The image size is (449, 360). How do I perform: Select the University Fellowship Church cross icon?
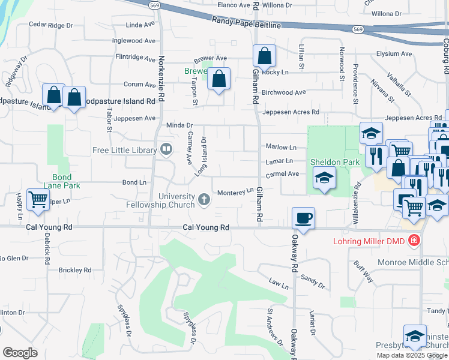(x=204, y=199)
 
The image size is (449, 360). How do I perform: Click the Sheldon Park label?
(x=326, y=162)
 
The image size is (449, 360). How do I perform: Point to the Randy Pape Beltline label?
(x=246, y=23)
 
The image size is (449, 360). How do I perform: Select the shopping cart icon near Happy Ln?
(x=38, y=199)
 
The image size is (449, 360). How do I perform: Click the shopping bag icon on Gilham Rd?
(x=264, y=57)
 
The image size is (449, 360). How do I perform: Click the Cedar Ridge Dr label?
(x=51, y=25)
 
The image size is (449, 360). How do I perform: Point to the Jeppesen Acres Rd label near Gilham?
(x=291, y=112)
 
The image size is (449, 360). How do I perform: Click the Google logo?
(x=20, y=352)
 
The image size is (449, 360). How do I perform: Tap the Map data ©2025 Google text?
(x=411, y=355)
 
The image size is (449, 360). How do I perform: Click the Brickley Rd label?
(x=75, y=270)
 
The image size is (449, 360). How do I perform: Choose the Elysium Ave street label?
(x=394, y=53)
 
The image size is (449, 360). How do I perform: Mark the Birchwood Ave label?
(x=284, y=92)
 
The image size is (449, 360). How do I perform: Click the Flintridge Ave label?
(x=135, y=57)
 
